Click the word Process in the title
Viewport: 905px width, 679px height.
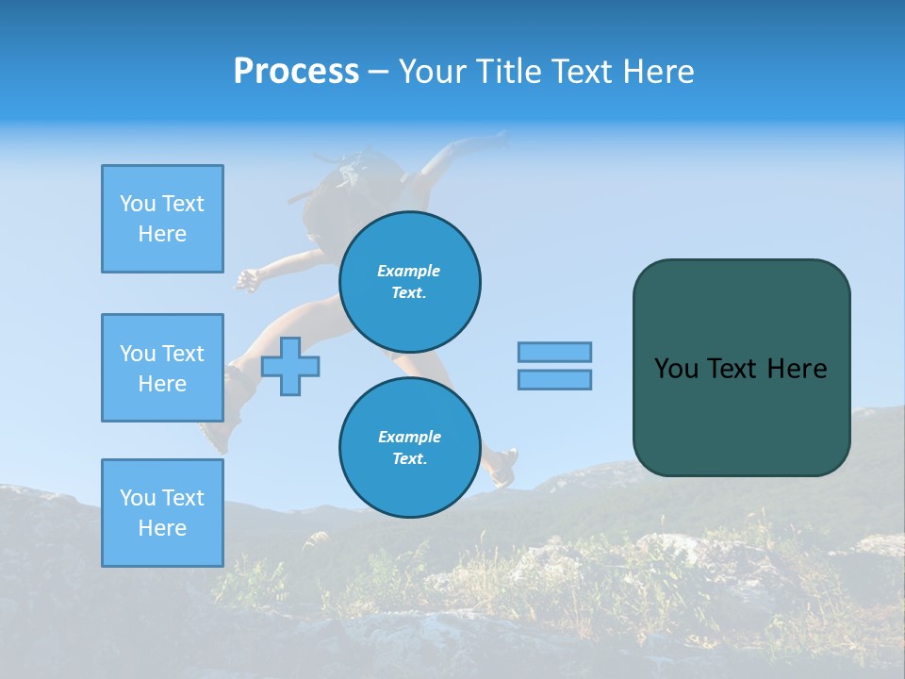click(296, 72)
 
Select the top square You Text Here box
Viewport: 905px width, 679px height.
click(162, 219)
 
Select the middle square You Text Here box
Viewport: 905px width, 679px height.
click(162, 368)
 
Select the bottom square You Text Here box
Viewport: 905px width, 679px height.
click(162, 513)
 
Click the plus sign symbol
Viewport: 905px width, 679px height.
click(290, 366)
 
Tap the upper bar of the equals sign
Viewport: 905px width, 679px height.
click(554, 352)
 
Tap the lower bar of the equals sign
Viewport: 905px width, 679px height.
click(554, 379)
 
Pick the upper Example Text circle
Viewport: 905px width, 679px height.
click(409, 282)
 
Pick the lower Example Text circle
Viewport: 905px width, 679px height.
click(409, 448)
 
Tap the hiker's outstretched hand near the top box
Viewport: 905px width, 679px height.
click(247, 279)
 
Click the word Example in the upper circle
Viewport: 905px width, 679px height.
click(409, 271)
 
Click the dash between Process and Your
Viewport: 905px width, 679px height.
click(378, 72)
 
